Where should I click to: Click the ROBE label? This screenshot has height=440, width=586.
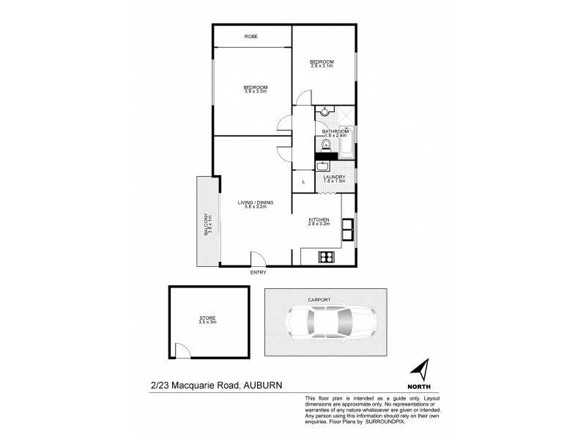[251, 36]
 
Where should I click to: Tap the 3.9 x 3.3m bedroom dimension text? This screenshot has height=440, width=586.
[256, 92]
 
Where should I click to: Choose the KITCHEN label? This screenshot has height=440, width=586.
[319, 219]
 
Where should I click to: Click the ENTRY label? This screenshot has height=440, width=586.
[258, 273]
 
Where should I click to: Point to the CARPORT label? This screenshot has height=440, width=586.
[319, 300]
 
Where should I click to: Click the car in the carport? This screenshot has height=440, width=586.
[332, 322]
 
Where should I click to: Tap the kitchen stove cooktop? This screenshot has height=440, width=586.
[326, 257]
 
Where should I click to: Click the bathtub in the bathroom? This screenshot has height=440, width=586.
[347, 144]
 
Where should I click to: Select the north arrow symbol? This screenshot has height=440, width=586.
[419, 370]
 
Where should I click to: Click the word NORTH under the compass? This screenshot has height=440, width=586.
[419, 386]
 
